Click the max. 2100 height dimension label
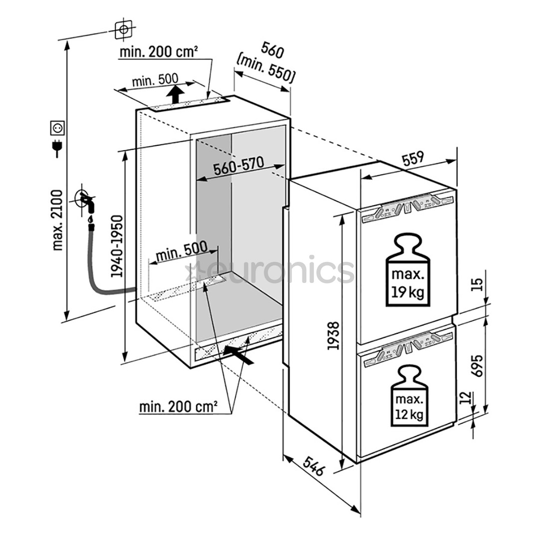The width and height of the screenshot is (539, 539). pos(58,220)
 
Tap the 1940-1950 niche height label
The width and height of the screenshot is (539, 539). pos(117,247)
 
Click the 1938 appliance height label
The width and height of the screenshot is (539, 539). pos(333,335)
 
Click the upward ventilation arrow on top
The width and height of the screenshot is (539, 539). pos(174,93)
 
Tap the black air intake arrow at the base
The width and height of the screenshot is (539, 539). pos(237,351)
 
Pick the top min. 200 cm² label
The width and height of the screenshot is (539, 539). pos(159,51)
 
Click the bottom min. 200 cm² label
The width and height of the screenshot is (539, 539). pos(178,407)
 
